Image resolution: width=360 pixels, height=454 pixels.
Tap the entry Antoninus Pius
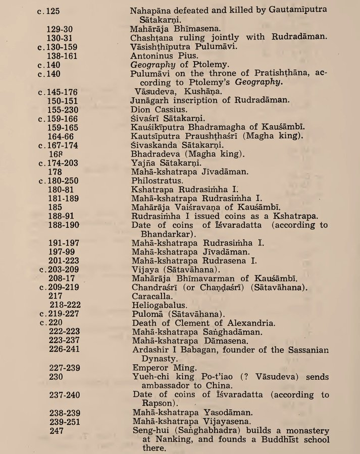(160, 56)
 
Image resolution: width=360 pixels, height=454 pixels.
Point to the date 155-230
(63, 109)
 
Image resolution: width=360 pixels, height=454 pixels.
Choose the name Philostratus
(156, 180)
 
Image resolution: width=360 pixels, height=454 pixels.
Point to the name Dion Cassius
(157, 109)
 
